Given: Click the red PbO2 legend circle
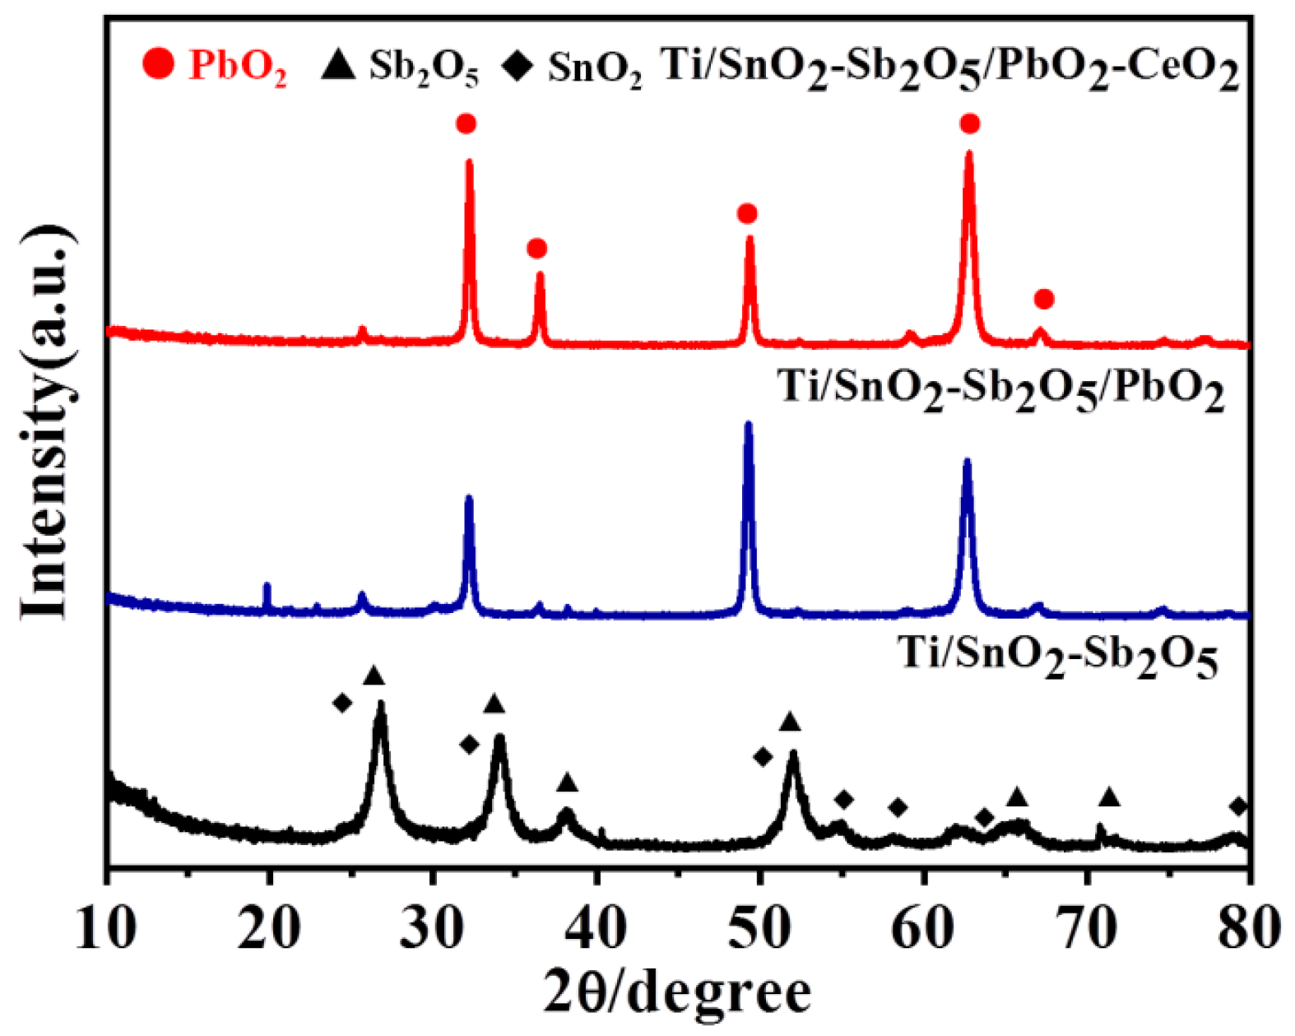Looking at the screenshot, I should pyautogui.click(x=158, y=63).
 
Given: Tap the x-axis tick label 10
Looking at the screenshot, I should pyautogui.click(x=106, y=928).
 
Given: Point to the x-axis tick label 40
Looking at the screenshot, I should pyautogui.click(x=597, y=928).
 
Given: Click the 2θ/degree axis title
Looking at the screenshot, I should pyautogui.click(x=676, y=992).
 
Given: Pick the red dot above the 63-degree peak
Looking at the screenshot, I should pyautogui.click(x=970, y=124).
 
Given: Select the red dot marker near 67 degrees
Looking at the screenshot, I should pyautogui.click(x=1044, y=299).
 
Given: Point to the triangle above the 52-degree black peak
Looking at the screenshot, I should pyautogui.click(x=790, y=722).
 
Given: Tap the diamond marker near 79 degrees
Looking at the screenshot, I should pyautogui.click(x=1238, y=806).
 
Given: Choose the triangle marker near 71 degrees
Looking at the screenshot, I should pyautogui.click(x=1110, y=797).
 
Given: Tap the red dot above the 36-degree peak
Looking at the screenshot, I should pyautogui.click(x=537, y=249).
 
